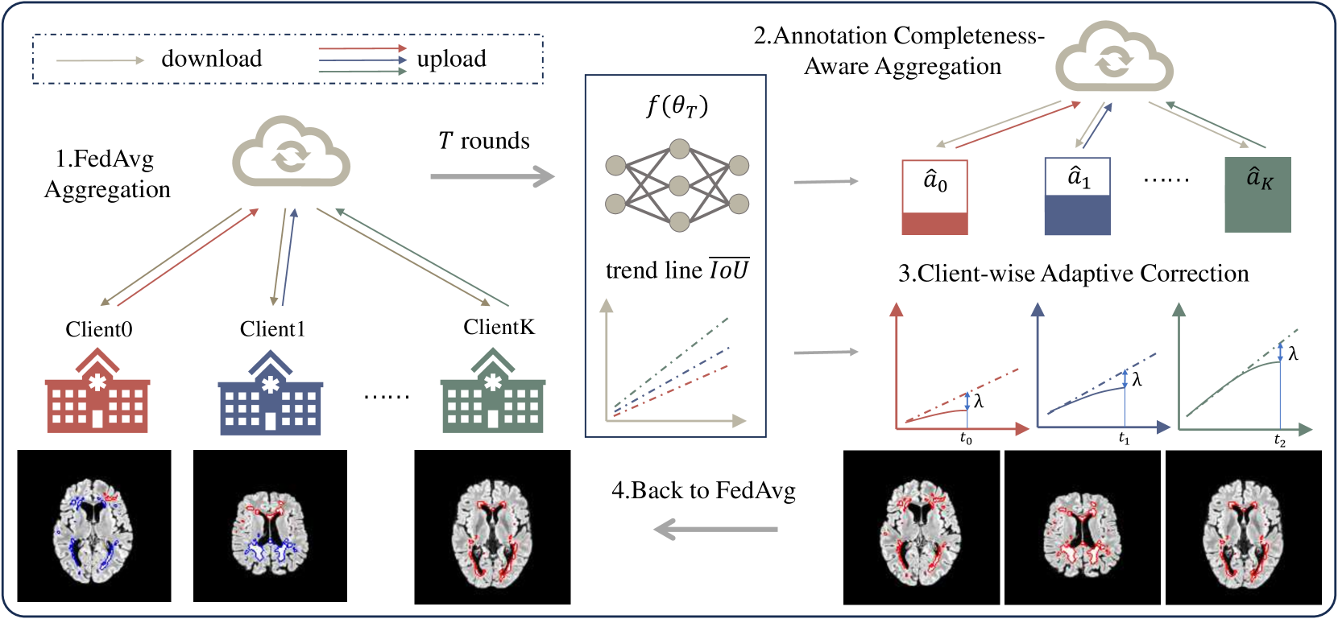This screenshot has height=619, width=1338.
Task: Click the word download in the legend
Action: [x=211, y=59]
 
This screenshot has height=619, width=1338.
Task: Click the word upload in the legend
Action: [x=451, y=59]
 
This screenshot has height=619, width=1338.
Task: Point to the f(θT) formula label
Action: [x=677, y=105]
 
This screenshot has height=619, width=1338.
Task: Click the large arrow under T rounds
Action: [x=491, y=176]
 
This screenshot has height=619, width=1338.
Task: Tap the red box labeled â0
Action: [x=934, y=197]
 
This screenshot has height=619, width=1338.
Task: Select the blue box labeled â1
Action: [x=1077, y=196]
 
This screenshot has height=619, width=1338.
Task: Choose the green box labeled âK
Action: [x=1257, y=195]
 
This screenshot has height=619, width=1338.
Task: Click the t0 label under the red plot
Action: [x=966, y=439]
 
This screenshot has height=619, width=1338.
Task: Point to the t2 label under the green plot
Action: [x=1280, y=439]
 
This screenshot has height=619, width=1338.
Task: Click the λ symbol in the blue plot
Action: [x=1137, y=380]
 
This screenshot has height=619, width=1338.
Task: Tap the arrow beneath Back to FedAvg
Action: [x=715, y=530]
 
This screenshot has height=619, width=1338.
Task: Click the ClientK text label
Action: [x=499, y=327]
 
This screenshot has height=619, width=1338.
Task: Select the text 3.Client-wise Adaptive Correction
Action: [x=1073, y=274]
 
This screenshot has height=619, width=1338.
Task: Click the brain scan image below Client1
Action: [x=270, y=526]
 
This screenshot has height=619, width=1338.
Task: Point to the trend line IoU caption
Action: [x=677, y=270]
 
